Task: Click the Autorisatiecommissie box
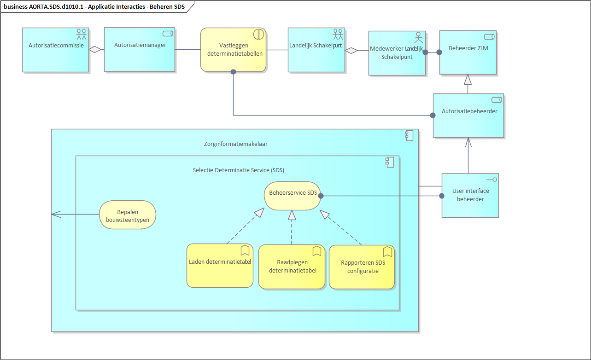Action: [x=55, y=50]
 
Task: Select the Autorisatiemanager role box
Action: [x=140, y=49]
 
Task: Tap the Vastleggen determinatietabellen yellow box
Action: [x=234, y=50]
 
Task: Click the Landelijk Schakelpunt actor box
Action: [x=316, y=50]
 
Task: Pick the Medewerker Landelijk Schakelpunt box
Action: [x=397, y=53]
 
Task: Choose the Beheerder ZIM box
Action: [x=468, y=52]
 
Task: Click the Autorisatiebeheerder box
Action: [x=468, y=115]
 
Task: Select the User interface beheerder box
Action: [x=470, y=195]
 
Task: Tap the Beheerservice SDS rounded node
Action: [x=293, y=195]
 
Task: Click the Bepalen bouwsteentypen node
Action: [x=127, y=215]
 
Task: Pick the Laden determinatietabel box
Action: [x=220, y=266]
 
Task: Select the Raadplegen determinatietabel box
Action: [x=292, y=267]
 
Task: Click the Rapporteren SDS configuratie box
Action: [x=362, y=267]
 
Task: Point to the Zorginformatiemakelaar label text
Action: [x=235, y=144]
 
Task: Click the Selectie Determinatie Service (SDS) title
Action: [x=238, y=170]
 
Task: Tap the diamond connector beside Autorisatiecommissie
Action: [x=95, y=50]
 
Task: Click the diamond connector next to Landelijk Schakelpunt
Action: [x=351, y=50]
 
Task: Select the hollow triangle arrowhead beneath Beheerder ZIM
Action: [x=468, y=80]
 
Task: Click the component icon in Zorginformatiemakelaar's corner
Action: [x=409, y=135]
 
